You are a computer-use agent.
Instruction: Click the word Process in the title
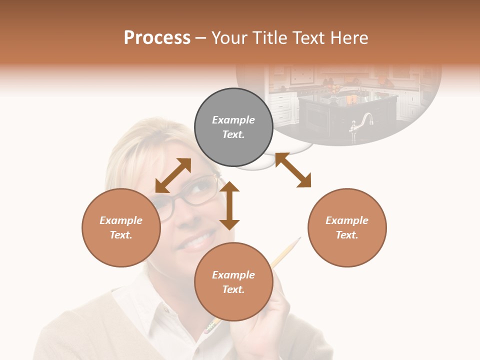pyautogui.click(x=157, y=38)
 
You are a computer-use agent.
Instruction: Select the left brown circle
pyautogui.click(x=121, y=227)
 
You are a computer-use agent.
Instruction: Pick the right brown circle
pyautogui.click(x=347, y=227)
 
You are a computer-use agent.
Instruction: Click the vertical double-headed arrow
pyautogui.click(x=229, y=205)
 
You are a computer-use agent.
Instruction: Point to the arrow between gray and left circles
pyautogui.click(x=173, y=175)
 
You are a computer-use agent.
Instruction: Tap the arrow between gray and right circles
pyautogui.click(x=293, y=170)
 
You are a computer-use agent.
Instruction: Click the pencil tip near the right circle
pyautogui.click(x=299, y=238)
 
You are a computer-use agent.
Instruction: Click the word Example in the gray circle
pyautogui.click(x=233, y=120)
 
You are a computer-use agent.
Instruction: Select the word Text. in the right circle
pyautogui.click(x=347, y=235)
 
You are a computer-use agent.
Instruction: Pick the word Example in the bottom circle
pyautogui.click(x=233, y=275)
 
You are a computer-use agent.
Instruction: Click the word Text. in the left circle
pyautogui.click(x=121, y=235)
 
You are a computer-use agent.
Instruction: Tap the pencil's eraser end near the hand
pyautogui.click(x=209, y=327)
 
